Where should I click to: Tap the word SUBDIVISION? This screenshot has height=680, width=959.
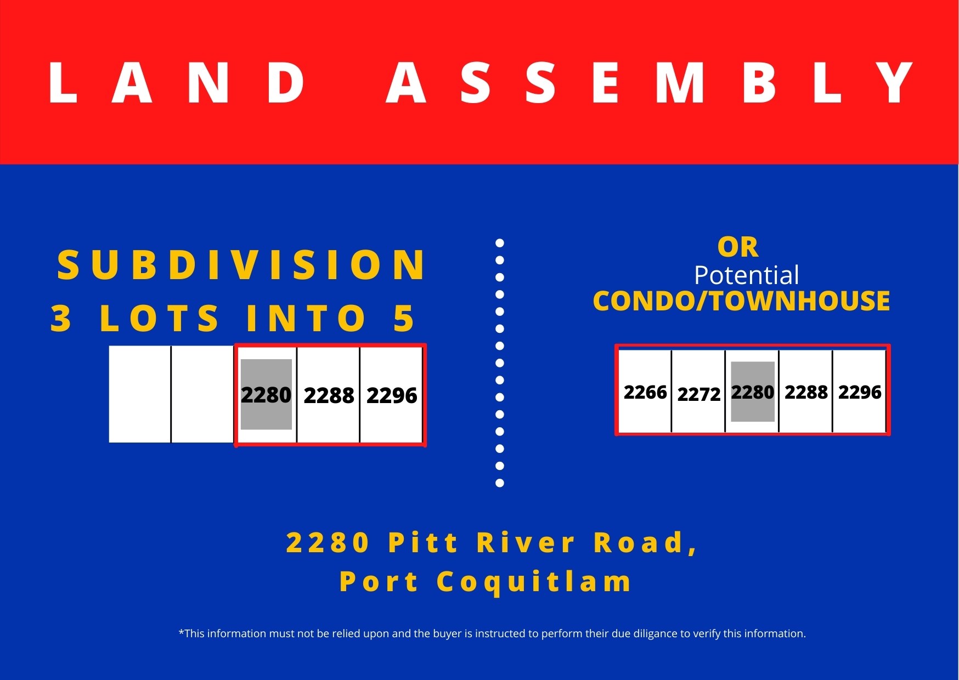tap(241, 265)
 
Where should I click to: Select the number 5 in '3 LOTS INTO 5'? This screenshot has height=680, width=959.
tap(404, 319)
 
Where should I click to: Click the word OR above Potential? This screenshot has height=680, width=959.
tap(738, 247)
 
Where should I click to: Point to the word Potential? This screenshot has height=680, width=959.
tap(746, 275)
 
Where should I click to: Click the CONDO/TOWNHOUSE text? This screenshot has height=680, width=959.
tap(741, 301)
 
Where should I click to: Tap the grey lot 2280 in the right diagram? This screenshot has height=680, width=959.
tap(753, 392)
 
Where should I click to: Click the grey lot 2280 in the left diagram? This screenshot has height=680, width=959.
tap(266, 394)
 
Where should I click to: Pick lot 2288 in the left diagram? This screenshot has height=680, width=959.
tap(329, 395)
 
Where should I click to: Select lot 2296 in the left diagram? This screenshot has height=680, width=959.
tap(392, 395)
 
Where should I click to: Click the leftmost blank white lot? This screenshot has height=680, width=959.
tap(140, 394)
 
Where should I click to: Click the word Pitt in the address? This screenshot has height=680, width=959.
tap(422, 542)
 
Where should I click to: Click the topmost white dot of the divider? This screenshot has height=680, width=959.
tap(500, 243)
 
